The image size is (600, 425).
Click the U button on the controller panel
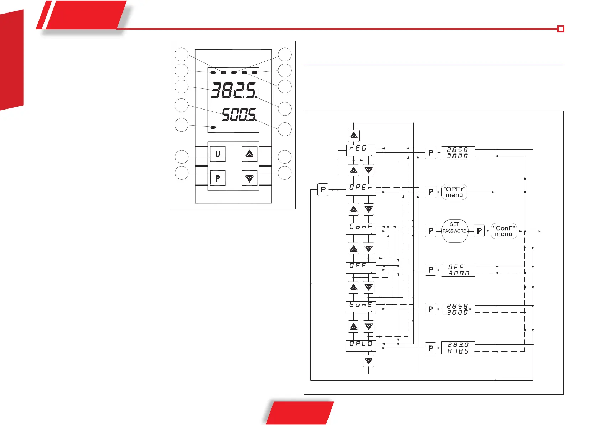[x=217, y=154]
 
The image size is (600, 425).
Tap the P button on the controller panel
[x=217, y=178]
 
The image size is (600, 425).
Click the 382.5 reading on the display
[x=233, y=90]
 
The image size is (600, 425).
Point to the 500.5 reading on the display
[x=239, y=115]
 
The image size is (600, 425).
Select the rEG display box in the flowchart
[x=361, y=150]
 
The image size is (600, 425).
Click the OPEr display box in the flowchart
[x=361, y=189]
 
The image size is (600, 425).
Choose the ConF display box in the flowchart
[x=361, y=229]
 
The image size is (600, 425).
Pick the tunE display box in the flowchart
[x=361, y=307]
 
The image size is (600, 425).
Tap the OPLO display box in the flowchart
[x=361, y=346]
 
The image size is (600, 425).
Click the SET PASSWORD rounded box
[x=454, y=231]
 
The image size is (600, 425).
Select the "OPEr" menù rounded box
[x=454, y=192]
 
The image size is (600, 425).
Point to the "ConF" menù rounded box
[x=504, y=231]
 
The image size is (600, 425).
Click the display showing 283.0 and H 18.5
[x=458, y=348]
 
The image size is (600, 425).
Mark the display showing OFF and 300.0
[x=458, y=270]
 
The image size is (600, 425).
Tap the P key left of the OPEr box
[x=323, y=189]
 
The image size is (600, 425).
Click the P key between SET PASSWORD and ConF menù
[x=479, y=231]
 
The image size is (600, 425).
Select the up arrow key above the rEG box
[x=353, y=136]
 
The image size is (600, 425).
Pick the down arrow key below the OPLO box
[x=368, y=361]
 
